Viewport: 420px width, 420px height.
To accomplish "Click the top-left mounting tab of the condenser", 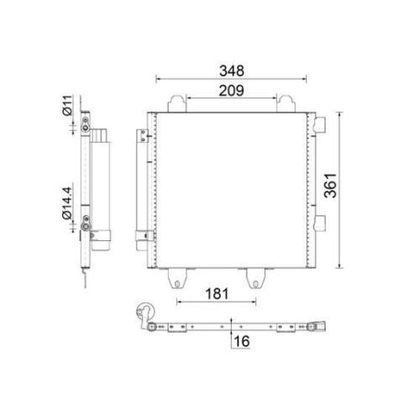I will pyautogui.click(x=176, y=103).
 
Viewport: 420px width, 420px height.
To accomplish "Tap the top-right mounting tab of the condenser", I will pyautogui.click(x=287, y=103).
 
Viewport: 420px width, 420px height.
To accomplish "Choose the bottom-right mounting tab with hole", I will pyautogui.click(x=253, y=276).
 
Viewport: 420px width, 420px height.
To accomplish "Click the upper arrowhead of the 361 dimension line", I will pyautogui.click(x=339, y=113).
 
